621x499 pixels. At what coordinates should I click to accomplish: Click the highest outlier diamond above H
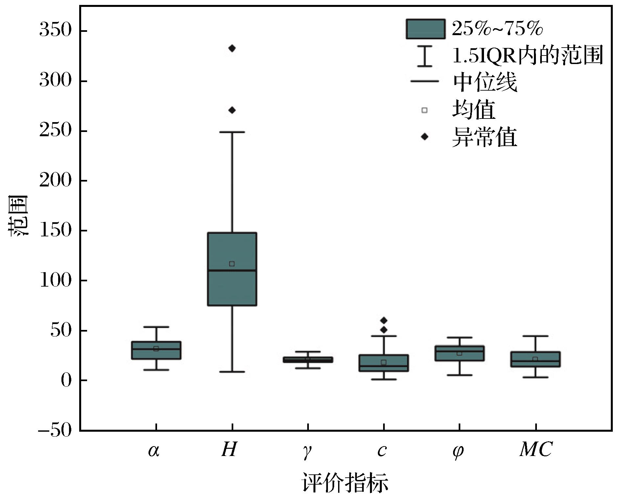232,49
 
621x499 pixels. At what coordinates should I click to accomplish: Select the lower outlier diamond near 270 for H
232,110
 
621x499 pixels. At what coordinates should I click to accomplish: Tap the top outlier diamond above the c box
384,320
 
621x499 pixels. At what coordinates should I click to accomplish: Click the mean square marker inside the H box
232,264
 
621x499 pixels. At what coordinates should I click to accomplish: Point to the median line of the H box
232,271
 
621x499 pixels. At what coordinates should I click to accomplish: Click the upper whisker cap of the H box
232,132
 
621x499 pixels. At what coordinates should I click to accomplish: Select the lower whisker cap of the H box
232,372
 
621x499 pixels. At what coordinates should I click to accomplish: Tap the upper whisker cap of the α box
156,327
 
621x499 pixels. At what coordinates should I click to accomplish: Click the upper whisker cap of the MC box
536,336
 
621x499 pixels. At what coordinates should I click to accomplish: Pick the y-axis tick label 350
55,30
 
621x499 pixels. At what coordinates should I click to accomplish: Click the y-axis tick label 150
55,230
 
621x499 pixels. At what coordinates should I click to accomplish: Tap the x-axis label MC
536,449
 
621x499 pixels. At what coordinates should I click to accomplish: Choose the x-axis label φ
458,451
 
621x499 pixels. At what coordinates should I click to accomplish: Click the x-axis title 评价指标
345,483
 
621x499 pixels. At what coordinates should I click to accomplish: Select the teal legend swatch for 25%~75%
425,29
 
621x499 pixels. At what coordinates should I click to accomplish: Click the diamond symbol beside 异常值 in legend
425,137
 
